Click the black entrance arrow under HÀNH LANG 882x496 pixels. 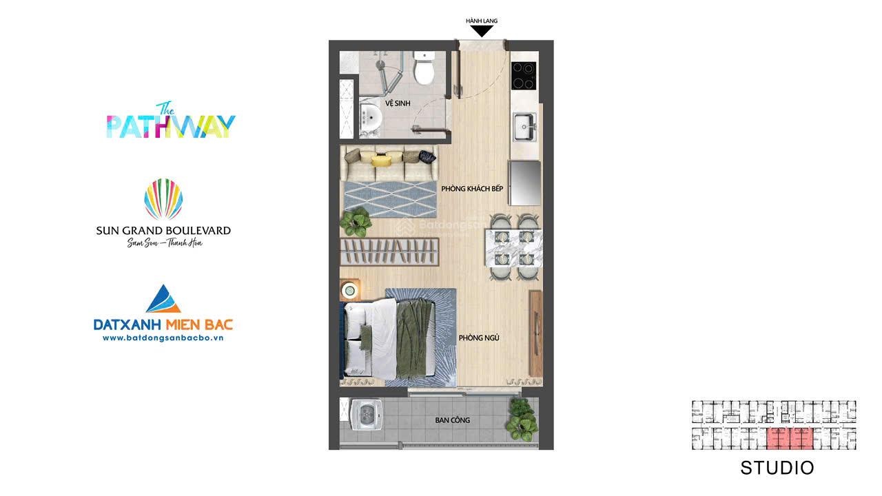(x=482, y=32)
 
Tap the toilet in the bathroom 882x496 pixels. (x=424, y=68)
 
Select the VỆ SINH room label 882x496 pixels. (x=398, y=103)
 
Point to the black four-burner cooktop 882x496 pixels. (x=523, y=76)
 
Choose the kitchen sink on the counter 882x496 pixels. (x=524, y=127)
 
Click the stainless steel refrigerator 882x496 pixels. (x=525, y=183)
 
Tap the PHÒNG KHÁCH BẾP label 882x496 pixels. (x=472, y=189)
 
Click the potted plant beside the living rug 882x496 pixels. (x=356, y=222)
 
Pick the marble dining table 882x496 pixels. (x=513, y=248)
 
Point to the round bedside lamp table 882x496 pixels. (x=349, y=291)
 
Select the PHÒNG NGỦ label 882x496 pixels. (x=479, y=338)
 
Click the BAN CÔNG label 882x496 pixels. (x=453, y=420)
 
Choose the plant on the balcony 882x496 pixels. (x=522, y=420)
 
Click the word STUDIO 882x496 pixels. (x=777, y=468)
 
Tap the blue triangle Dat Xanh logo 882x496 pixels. (x=163, y=299)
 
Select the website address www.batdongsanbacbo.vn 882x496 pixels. (x=163, y=338)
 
